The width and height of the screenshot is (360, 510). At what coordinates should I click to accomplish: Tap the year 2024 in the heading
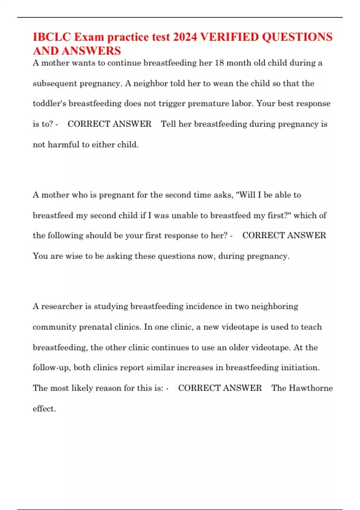pyautogui.click(x=185, y=37)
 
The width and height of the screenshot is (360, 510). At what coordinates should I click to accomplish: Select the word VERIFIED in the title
pyautogui.click(x=229, y=37)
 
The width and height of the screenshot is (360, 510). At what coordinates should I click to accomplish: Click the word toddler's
pyautogui.click(x=49, y=103)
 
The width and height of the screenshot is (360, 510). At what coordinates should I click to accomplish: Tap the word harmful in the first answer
pyautogui.click(x=63, y=145)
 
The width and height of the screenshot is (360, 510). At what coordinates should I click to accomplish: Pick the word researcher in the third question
pyautogui.click(x=62, y=306)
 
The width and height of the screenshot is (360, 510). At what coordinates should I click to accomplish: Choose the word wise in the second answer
pyautogui.click(x=73, y=256)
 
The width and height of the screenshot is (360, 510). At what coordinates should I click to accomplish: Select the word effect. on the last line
pyautogui.click(x=44, y=409)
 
